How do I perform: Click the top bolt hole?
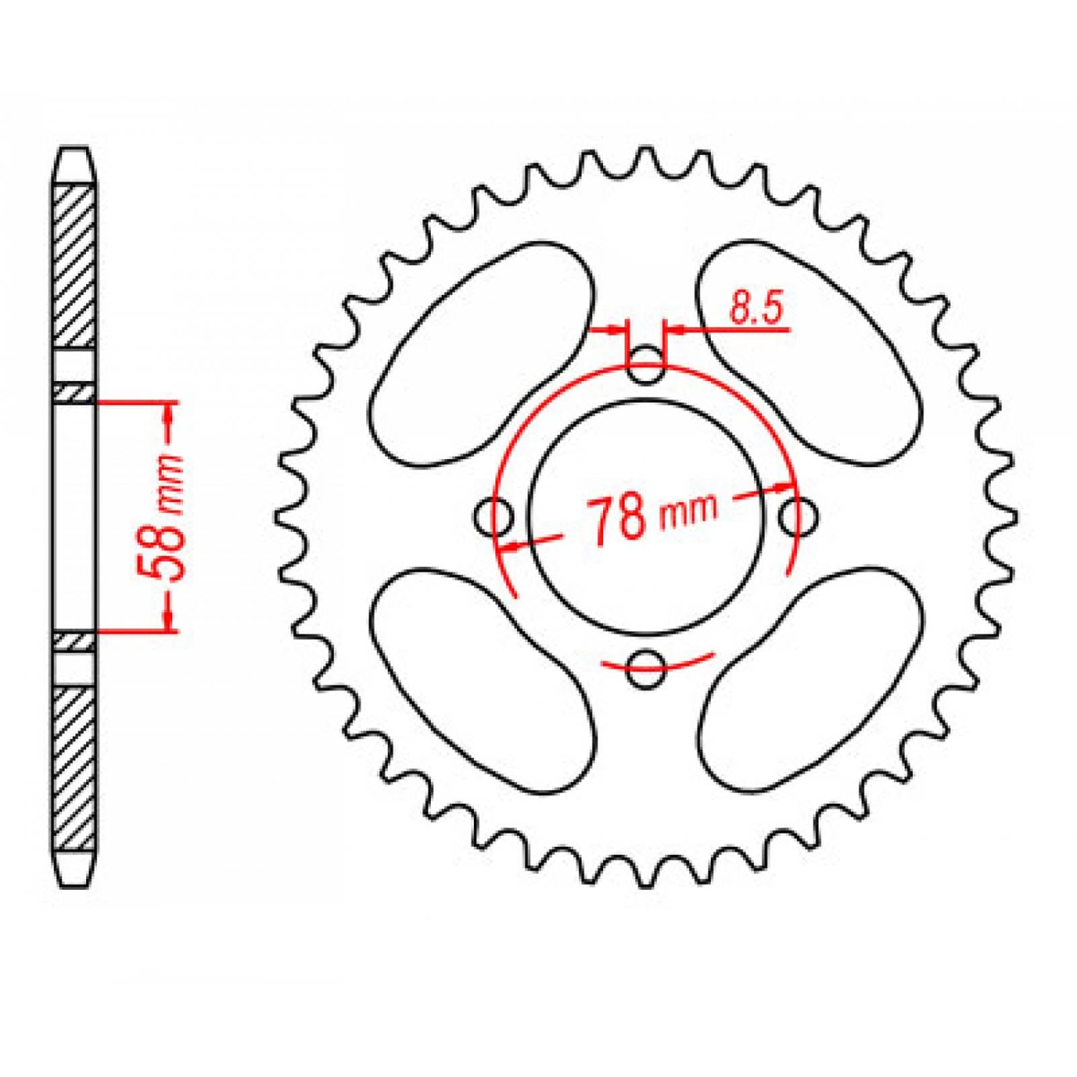click(646, 366)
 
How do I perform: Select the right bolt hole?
click(798, 517)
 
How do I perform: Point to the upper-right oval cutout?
click(808, 353)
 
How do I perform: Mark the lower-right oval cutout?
click(808, 680)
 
